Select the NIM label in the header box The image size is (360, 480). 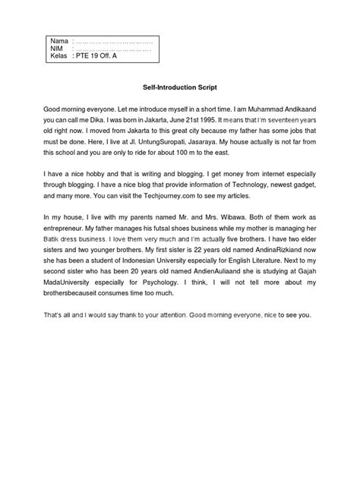(55, 48)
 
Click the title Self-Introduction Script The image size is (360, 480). (180, 87)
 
